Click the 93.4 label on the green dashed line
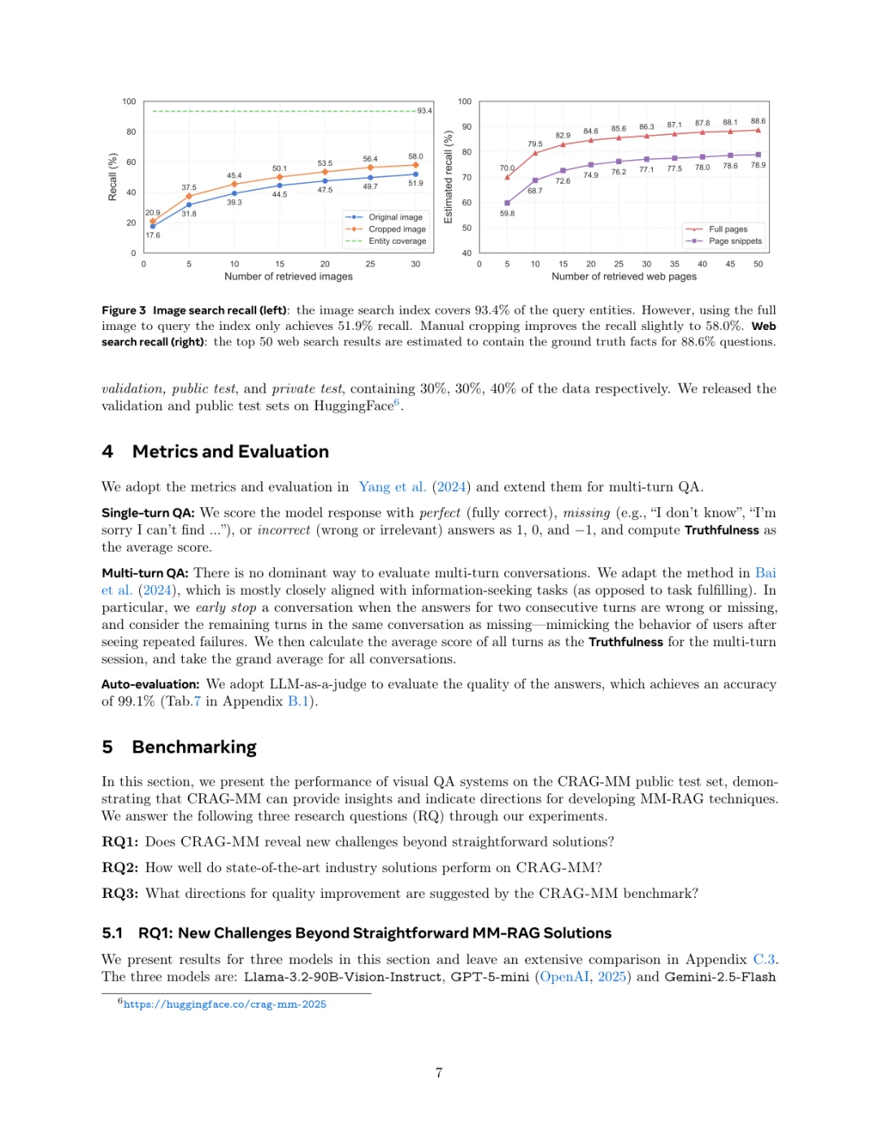[424, 111]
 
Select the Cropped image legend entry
[397, 229]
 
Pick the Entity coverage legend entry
[397, 241]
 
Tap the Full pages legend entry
[728, 229]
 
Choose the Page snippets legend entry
[735, 241]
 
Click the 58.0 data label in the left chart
[415, 157]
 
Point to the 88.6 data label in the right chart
[758, 121]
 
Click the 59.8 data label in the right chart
[507, 214]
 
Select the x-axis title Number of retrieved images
[289, 277]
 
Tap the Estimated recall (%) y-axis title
[448, 177]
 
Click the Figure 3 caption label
[124, 310]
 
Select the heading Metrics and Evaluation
[230, 452]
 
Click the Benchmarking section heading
[194, 748]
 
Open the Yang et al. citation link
[393, 488]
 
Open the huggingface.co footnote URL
[224, 1005]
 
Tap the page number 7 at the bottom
[439, 1073]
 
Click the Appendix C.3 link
[764, 960]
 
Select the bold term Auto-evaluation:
[150, 685]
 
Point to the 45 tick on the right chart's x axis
[730, 264]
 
